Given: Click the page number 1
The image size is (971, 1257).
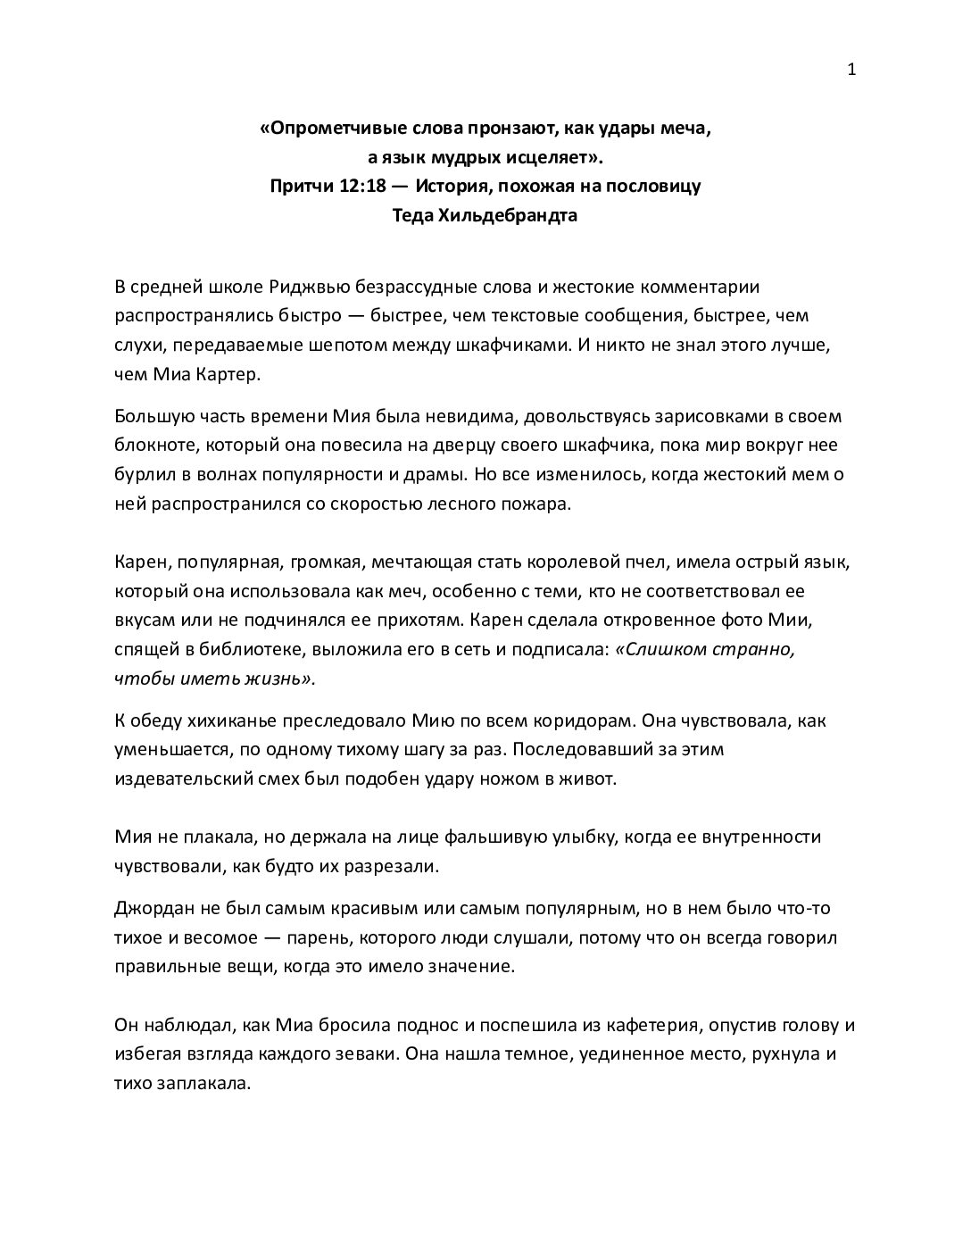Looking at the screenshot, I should point(851,71).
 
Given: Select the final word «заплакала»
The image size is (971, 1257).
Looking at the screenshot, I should point(196,1083).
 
